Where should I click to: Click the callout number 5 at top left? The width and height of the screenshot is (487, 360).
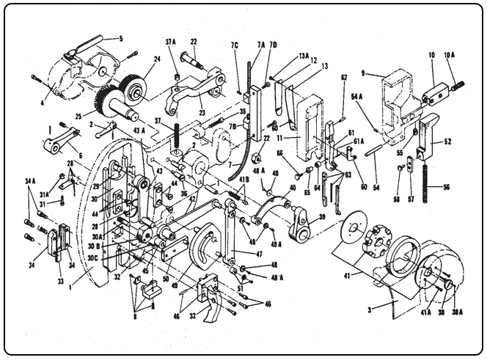pyautogui.click(x=121, y=37)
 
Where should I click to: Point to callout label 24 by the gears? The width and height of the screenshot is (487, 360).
pyautogui.click(x=157, y=61)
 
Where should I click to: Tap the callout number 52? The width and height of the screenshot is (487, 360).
pyautogui.click(x=447, y=141)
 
